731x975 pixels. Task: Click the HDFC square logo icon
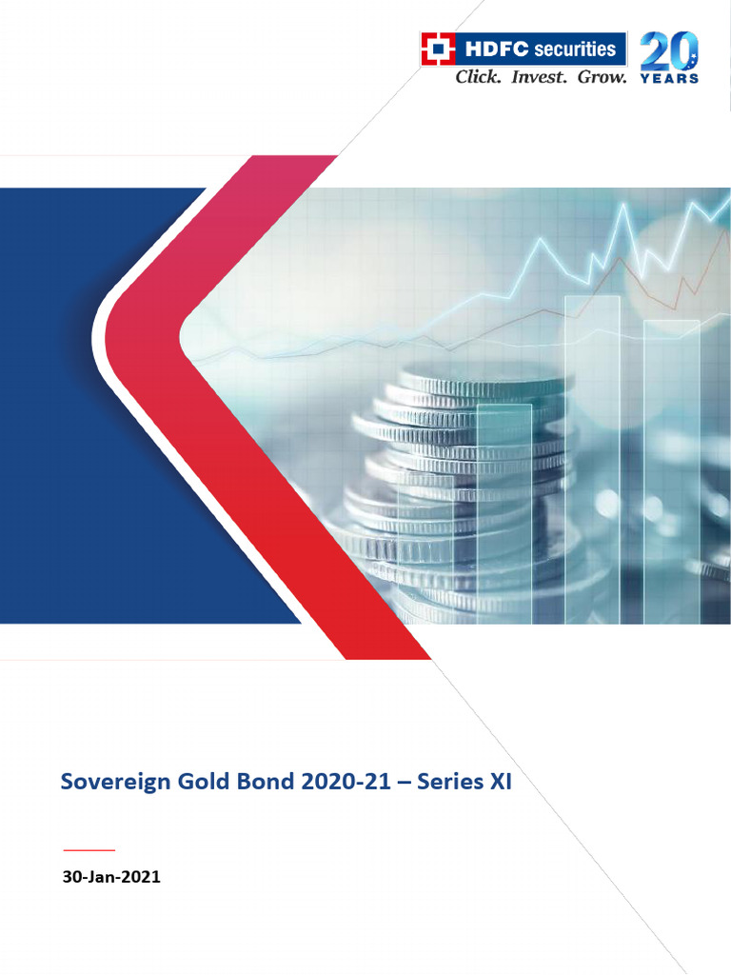point(437,49)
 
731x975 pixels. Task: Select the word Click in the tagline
point(478,77)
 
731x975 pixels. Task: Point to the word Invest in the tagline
point(540,77)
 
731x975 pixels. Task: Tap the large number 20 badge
point(669,50)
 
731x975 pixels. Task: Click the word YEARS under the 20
point(669,78)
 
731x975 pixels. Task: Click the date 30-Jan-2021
point(111,878)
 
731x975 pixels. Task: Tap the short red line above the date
point(89,848)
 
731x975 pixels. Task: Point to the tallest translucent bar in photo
point(592,457)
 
